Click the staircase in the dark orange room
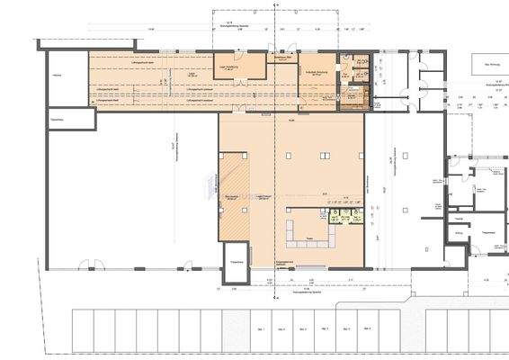[x=353, y=96]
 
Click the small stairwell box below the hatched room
[x=237, y=256]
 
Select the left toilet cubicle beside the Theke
[x=334, y=219]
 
